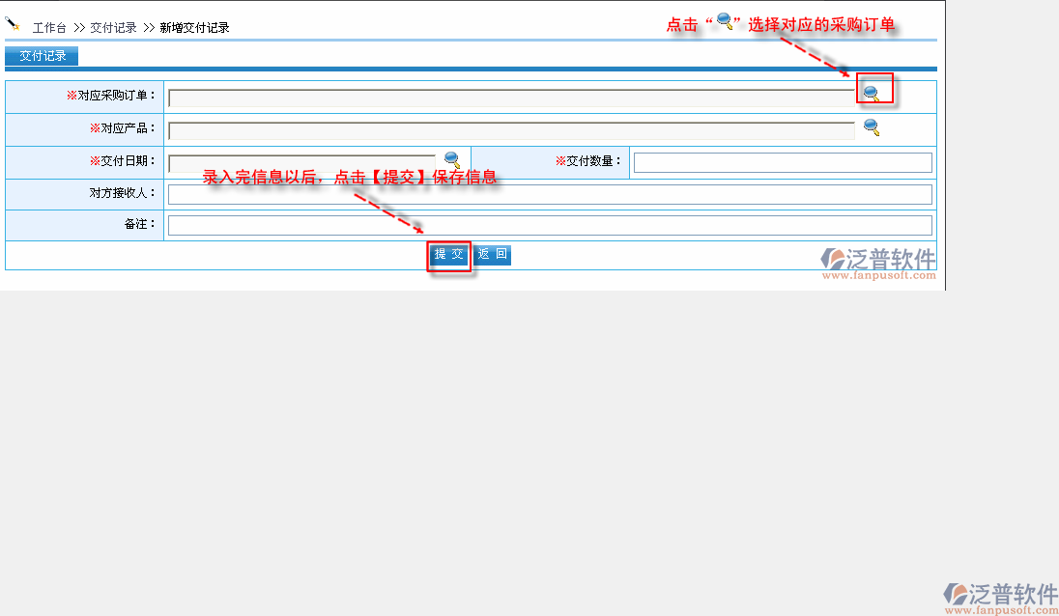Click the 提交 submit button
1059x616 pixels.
pos(449,254)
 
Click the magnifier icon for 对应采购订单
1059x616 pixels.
pos(872,93)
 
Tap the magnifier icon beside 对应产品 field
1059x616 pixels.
pos(872,126)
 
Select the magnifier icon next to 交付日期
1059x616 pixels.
pos(452,160)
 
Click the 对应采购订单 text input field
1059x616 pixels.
pos(511,98)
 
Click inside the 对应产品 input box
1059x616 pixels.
pos(511,131)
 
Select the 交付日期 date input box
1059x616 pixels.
pos(302,163)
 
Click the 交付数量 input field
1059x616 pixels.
pos(783,162)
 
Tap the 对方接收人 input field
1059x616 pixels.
pos(550,194)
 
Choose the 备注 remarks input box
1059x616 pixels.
pos(550,225)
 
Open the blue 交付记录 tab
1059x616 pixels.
pos(42,56)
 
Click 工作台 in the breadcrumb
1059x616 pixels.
pos(49,28)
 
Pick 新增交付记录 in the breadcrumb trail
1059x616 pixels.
pos(194,28)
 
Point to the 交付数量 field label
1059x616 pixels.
pos(587,161)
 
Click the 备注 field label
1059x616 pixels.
pos(140,224)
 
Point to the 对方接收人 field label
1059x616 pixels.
pos(123,193)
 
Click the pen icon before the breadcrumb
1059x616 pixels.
pos(13,24)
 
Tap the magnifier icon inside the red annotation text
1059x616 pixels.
pos(725,21)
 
